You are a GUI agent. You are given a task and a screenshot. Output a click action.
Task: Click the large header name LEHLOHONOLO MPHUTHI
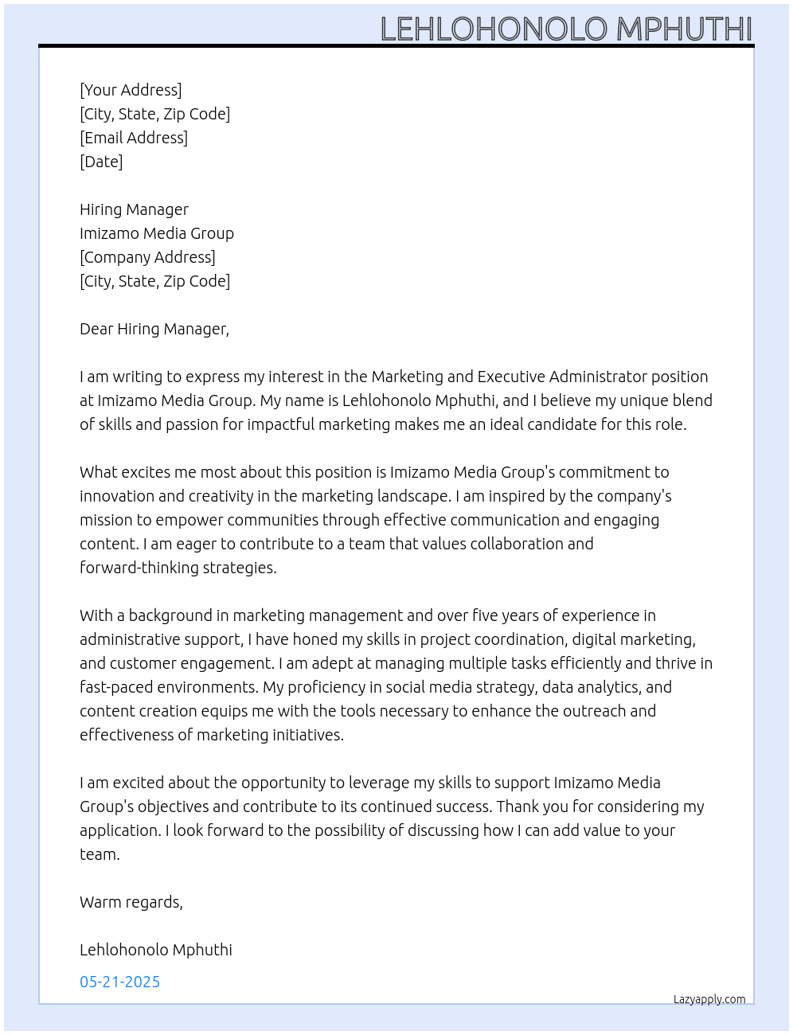(566, 29)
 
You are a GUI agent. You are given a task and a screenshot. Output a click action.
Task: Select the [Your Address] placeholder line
(131, 90)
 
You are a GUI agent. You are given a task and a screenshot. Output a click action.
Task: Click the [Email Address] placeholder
(134, 138)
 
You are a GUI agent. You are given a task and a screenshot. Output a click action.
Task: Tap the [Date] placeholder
(101, 162)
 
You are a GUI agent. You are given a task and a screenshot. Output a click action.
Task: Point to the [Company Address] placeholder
(147, 257)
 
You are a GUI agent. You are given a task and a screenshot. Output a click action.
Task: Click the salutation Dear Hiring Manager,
(154, 329)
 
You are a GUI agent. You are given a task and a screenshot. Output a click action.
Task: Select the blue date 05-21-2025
(119, 982)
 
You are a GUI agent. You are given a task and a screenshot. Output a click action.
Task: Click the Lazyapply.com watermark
(709, 999)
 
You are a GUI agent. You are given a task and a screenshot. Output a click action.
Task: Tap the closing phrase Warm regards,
(131, 902)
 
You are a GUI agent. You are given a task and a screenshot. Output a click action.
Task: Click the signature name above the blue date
(156, 950)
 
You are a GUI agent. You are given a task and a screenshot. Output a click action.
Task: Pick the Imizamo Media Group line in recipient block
(157, 233)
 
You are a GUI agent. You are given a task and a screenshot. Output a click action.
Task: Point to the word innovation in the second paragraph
(116, 496)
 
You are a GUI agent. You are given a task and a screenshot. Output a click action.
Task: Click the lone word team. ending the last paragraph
(100, 854)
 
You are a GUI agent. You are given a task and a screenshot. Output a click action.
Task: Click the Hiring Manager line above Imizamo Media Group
(134, 209)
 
